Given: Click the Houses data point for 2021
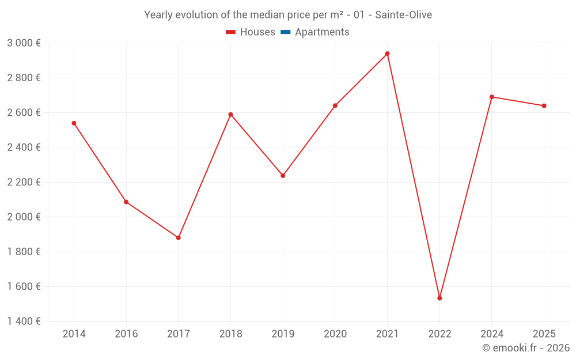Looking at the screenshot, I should click(x=387, y=54).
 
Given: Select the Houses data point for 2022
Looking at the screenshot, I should click(x=439, y=298).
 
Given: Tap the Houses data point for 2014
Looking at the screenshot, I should click(x=74, y=123).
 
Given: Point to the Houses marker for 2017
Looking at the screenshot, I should click(x=179, y=238).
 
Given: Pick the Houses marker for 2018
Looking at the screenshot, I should click(x=230, y=115).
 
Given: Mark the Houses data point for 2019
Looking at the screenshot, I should click(x=283, y=176).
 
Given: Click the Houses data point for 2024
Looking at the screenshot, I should click(x=492, y=97).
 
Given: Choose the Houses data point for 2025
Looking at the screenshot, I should click(x=544, y=106).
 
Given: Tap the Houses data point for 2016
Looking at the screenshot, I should click(x=126, y=202).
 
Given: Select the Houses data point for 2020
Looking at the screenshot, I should click(x=335, y=105).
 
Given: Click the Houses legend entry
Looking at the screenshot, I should click(x=251, y=32).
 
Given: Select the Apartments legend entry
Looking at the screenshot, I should click(x=315, y=32).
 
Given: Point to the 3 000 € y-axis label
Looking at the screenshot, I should click(x=24, y=43).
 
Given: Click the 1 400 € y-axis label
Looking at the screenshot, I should click(x=24, y=321).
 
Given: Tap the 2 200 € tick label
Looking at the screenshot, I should click(x=24, y=182).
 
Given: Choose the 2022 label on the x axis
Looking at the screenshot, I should click(x=439, y=334).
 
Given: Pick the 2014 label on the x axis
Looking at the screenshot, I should click(x=74, y=334).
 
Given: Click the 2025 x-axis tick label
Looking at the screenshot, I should click(x=544, y=334).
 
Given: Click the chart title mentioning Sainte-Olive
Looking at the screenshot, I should click(x=288, y=15).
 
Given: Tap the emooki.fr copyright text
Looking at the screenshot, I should click(x=526, y=348).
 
